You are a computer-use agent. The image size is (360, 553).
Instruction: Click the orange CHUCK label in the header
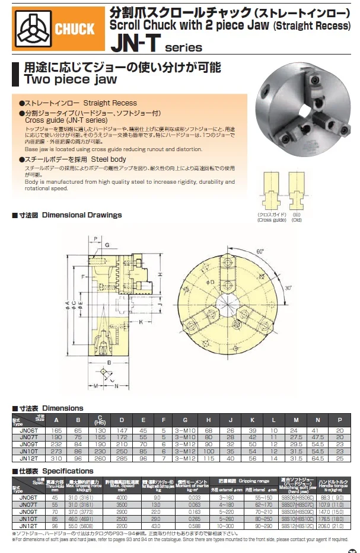tap(74, 28)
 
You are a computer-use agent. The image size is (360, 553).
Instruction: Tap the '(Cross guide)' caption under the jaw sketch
tap(272, 220)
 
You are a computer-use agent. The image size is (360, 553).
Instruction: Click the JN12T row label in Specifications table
tap(28, 526)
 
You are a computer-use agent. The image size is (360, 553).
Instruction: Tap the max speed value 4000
tap(122, 497)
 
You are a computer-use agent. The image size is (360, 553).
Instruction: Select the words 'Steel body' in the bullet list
tap(110, 160)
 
